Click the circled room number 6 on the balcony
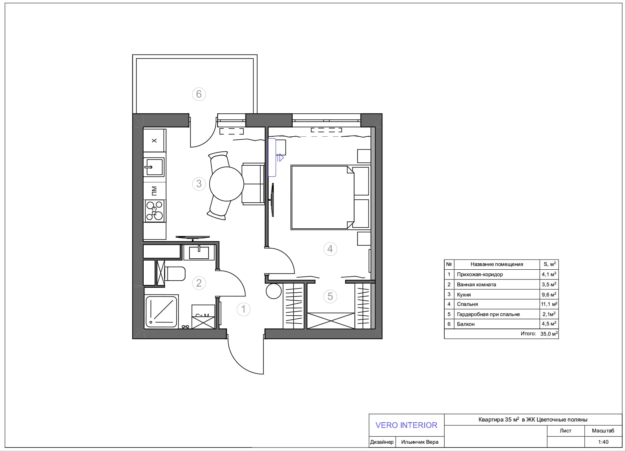point(199,94)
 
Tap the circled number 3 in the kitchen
point(199,184)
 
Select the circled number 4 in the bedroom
point(330,249)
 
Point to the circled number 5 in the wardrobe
point(330,296)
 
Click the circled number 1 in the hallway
point(243,309)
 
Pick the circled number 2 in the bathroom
point(199,283)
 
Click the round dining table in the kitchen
point(227,184)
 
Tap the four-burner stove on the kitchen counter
point(155,211)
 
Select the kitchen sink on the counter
point(154,167)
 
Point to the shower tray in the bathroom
point(161,312)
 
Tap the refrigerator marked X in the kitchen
point(155,140)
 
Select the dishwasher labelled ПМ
point(155,191)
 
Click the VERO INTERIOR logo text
point(407,425)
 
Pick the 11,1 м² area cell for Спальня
point(549,304)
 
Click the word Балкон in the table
point(466,324)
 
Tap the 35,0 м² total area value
point(549,334)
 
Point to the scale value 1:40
point(603,442)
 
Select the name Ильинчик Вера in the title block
point(420,442)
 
